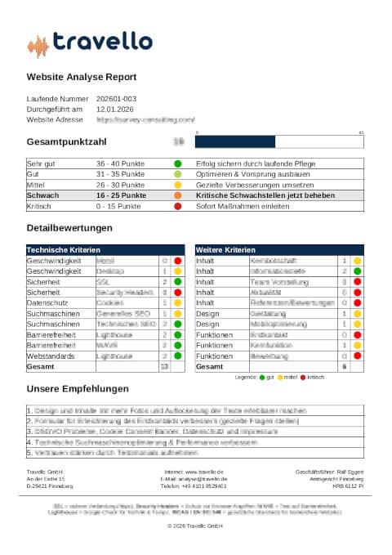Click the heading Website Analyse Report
pos(82,78)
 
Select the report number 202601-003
pos(116,98)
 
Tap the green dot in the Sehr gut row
pos(177,163)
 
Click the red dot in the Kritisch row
pos(177,207)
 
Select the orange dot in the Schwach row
pos(177,196)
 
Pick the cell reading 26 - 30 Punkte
pos(120,186)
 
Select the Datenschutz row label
pos(47,302)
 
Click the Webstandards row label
pos(50,356)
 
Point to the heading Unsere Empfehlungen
pos(78,389)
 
